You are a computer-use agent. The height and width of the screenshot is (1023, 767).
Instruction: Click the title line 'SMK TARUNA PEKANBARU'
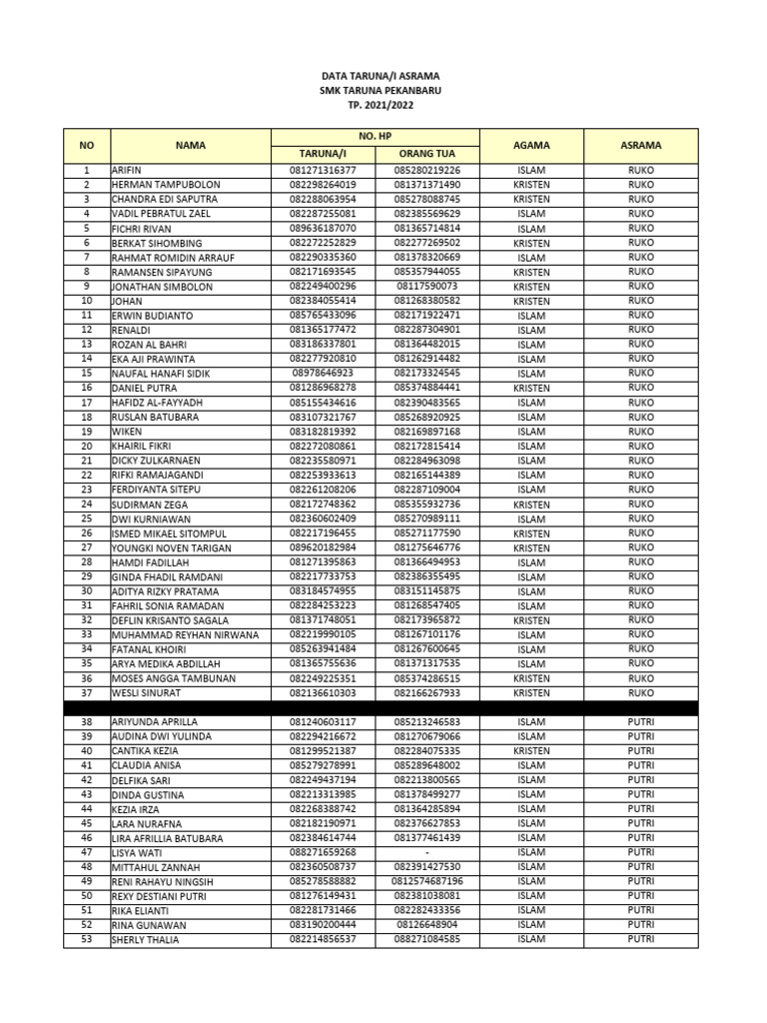[380, 90]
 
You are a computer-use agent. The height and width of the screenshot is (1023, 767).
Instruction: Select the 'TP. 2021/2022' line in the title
[380, 105]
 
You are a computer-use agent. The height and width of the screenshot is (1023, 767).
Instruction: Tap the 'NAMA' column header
[190, 146]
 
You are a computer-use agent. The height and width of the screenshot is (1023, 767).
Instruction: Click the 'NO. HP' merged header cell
[375, 136]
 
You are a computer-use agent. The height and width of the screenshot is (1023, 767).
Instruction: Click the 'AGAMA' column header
[531, 146]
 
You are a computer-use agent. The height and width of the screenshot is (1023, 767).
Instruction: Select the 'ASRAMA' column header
[640, 146]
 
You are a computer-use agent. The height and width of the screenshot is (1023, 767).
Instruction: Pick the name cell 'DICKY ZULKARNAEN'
[156, 461]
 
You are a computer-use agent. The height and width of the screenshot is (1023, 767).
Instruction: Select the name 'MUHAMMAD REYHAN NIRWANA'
[185, 634]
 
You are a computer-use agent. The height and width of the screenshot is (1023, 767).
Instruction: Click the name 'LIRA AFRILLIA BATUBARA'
[167, 838]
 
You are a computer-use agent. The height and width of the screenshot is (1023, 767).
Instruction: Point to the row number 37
[87, 692]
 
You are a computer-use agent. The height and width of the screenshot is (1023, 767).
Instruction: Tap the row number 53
[87, 939]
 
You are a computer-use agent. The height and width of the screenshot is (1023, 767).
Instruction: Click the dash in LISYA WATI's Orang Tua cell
[427, 852]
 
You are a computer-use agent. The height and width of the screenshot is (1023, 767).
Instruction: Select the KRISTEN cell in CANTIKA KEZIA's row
[531, 750]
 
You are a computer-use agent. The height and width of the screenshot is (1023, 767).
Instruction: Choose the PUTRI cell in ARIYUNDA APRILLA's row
[640, 721]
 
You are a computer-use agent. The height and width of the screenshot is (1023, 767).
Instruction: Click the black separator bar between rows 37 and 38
[380, 707]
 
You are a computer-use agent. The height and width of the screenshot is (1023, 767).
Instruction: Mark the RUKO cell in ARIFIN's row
[640, 171]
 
